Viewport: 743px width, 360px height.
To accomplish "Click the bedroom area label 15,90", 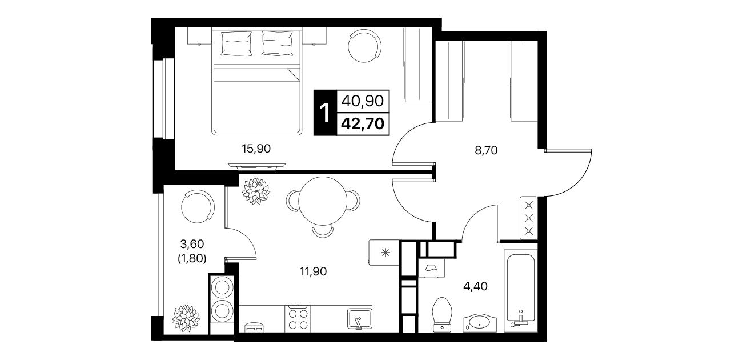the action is click(x=256, y=149).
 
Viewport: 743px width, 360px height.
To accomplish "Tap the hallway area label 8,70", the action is click(x=486, y=151).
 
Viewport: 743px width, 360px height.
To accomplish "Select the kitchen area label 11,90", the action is click(x=313, y=272).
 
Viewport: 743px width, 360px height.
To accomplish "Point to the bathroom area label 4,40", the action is click(x=475, y=286).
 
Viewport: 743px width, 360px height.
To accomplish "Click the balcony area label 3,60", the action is click(x=192, y=244).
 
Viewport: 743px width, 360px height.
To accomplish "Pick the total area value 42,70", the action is click(x=363, y=124).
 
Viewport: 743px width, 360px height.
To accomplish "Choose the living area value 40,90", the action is click(x=363, y=101).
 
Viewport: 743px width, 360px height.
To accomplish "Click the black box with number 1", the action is click(x=325, y=113).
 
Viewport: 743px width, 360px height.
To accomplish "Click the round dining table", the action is click(x=323, y=201).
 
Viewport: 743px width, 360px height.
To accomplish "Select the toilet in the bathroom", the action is click(x=443, y=314).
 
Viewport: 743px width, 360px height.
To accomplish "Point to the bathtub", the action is click(x=520, y=288).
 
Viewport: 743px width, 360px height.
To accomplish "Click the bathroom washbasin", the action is click(x=480, y=322).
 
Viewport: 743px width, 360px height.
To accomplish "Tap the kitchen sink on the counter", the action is click(x=360, y=319).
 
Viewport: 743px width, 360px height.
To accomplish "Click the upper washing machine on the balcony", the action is click(x=222, y=287).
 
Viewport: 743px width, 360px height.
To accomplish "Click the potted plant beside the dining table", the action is click(x=256, y=191).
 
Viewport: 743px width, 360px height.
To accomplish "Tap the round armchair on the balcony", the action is click(x=198, y=206).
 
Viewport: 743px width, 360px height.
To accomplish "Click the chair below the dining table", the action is click(x=323, y=231).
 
